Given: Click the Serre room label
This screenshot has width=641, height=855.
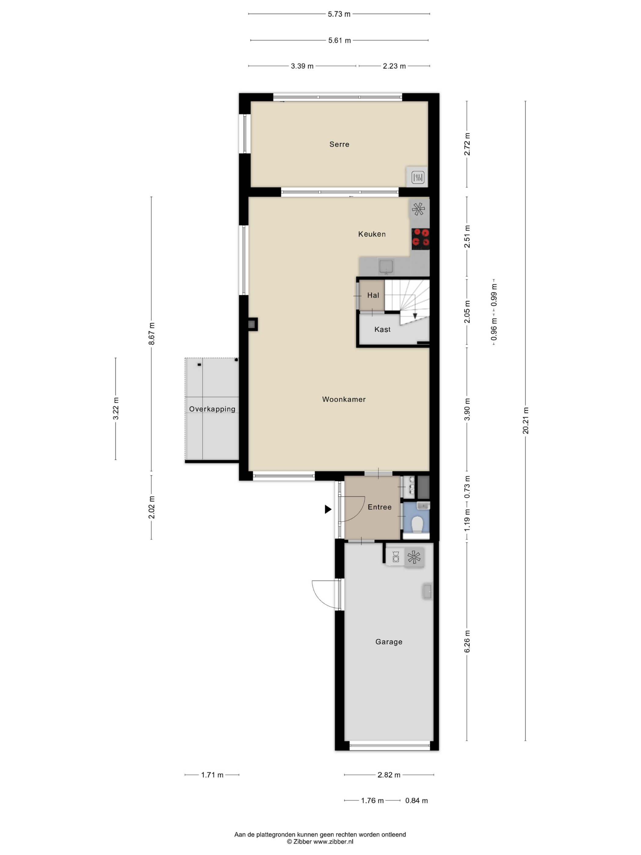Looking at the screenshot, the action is [339, 144].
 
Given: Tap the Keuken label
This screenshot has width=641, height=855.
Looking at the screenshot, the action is [372, 234].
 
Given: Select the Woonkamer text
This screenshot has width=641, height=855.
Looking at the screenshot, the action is [344, 399].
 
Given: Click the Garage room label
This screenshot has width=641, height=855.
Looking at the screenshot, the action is [389, 642].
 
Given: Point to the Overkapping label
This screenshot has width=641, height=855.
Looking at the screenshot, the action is [212, 409].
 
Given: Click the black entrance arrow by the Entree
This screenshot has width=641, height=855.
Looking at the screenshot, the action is [328, 509].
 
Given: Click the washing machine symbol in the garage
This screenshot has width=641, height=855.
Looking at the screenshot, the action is [396, 557].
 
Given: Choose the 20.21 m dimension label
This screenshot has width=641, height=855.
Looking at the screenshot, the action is [526, 420].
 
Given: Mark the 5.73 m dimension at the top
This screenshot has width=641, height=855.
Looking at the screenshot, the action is [339, 14].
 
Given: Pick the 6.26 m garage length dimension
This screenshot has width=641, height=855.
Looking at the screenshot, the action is [467, 642].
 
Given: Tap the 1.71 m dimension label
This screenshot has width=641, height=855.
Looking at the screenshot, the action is [212, 775].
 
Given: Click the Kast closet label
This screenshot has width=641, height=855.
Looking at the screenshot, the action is [382, 329].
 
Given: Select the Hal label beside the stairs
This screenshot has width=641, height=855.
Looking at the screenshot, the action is [373, 295].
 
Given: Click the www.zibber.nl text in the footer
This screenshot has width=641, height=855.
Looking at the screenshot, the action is [333, 842].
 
